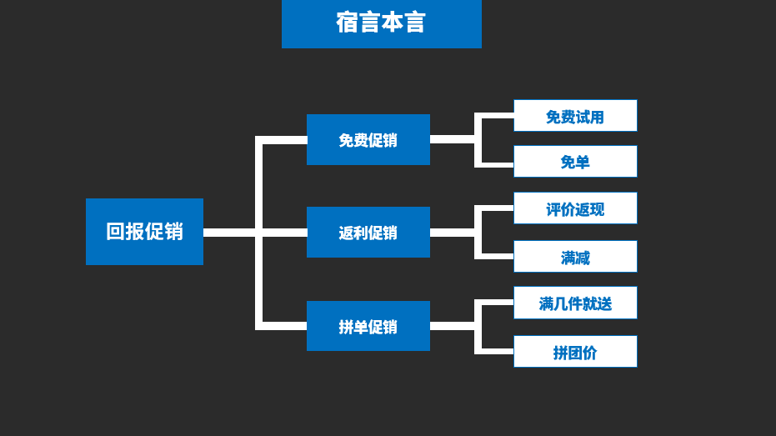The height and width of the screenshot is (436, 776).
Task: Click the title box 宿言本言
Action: pos(381,23)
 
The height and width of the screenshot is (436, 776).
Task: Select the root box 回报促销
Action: pos(144,232)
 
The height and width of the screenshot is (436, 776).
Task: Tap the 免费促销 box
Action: pos(368,140)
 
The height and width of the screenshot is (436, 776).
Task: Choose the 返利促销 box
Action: pos(368,233)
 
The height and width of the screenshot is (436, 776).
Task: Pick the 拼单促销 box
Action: pos(368,326)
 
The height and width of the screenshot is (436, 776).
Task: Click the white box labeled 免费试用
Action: pos(575,116)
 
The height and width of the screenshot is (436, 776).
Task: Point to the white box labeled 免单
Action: pos(575,162)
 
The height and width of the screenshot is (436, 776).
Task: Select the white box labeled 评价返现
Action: pos(575,208)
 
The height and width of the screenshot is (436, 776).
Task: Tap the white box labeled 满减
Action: pos(575,257)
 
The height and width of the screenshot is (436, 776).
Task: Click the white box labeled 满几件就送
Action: pos(575,303)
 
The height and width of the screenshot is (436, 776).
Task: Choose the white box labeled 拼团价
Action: pos(575,352)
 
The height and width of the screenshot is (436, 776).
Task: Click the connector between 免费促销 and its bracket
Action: pos(452,140)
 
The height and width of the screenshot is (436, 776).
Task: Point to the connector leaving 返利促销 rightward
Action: pos(452,233)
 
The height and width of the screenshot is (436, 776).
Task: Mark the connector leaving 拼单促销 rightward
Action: pos(452,326)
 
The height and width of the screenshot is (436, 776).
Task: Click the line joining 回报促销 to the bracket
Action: pos(229,233)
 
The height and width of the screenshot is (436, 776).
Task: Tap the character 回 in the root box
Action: pos(115,232)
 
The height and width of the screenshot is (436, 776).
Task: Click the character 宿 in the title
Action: pos(347,23)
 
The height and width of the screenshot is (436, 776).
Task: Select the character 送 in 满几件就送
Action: pos(604,303)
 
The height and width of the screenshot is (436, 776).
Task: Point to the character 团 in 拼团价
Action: pos(575,353)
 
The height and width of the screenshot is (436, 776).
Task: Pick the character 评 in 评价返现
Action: pos(553,209)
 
